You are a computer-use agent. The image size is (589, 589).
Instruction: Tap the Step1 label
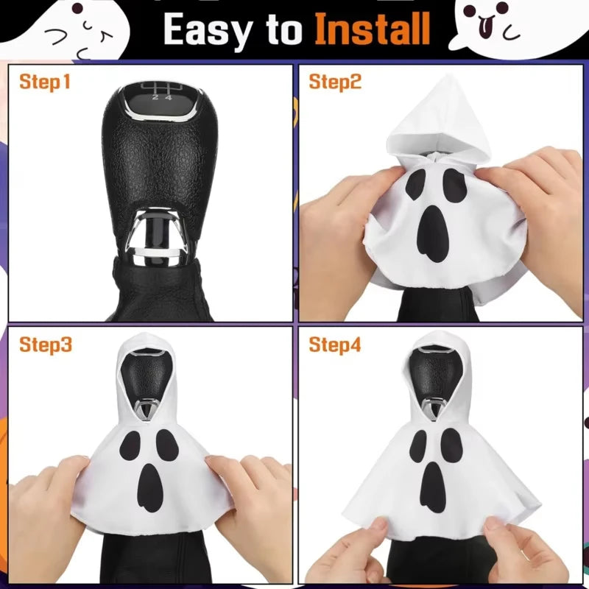[x=45, y=82]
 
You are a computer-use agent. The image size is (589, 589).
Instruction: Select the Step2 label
[x=335, y=82]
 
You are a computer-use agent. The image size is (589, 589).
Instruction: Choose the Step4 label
[x=335, y=344]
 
